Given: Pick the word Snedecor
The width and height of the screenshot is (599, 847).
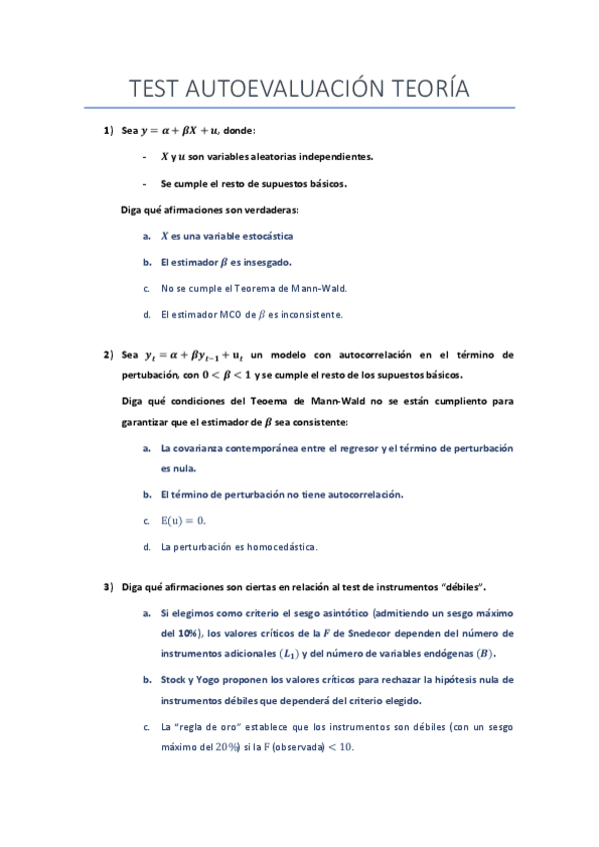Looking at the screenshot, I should (372, 633).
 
